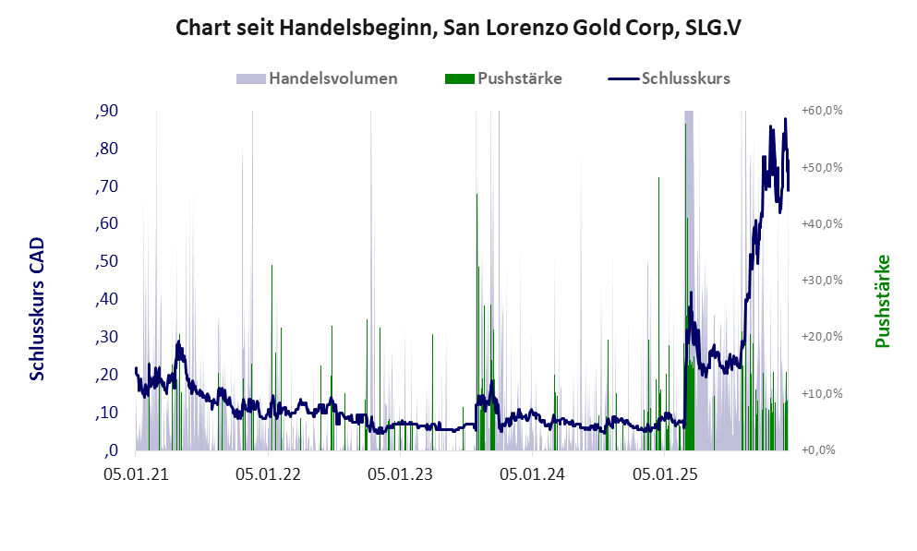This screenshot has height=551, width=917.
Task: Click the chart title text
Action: tap(458, 29)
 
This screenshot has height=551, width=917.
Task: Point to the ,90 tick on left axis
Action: tap(106, 111)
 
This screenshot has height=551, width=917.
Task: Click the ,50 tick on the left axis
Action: tap(106, 262)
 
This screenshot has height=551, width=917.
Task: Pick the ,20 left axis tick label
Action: tap(106, 375)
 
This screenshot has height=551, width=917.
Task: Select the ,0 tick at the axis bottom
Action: tap(110, 450)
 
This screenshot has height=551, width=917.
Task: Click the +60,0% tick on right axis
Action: tap(822, 111)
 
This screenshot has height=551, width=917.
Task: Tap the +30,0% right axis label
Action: tap(822, 281)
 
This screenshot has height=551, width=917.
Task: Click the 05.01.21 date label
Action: tap(136, 476)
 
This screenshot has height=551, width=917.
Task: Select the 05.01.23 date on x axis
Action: tap(400, 476)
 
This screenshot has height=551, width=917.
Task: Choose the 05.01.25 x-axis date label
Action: tap(664, 476)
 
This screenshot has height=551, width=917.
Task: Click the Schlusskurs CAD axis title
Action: tap(37, 308)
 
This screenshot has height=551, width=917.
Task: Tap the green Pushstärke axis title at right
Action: tap(882, 302)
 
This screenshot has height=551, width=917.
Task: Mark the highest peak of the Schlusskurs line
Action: tap(785, 120)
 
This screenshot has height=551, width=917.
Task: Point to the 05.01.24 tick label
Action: tap(532, 476)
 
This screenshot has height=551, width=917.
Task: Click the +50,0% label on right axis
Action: tap(822, 167)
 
